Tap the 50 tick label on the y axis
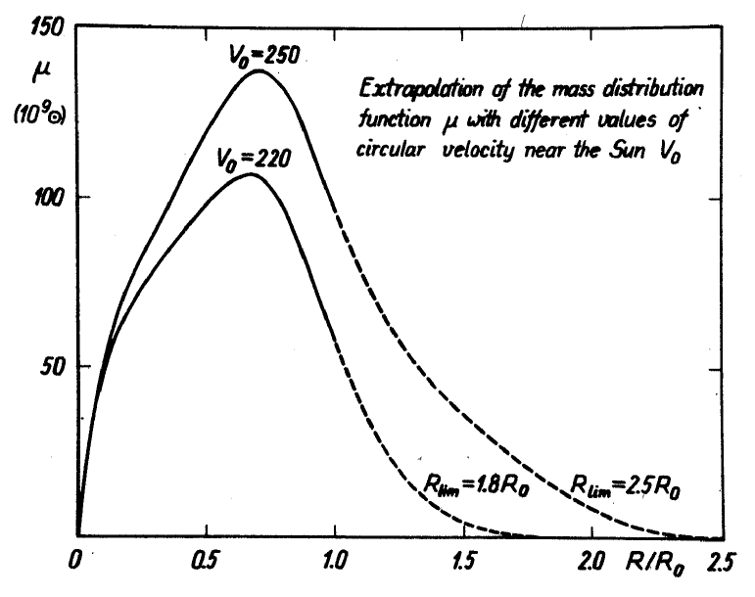coord(54,367)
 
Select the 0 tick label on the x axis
coord(74,566)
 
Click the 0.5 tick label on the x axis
coord(205,566)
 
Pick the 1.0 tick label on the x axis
coord(335,566)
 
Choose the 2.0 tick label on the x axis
coord(591,566)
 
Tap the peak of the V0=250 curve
coord(260,70)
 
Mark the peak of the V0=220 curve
coord(251,174)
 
